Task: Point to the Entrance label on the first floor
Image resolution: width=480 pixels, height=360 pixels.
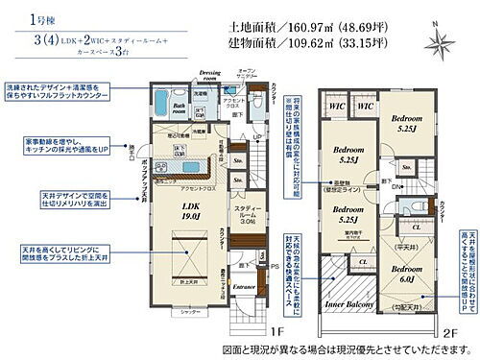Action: pyautogui.click(x=246, y=286)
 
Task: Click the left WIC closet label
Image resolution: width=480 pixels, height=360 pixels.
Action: pyautogui.click(x=335, y=106)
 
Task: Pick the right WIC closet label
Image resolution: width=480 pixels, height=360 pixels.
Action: pyautogui.click(x=365, y=106)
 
